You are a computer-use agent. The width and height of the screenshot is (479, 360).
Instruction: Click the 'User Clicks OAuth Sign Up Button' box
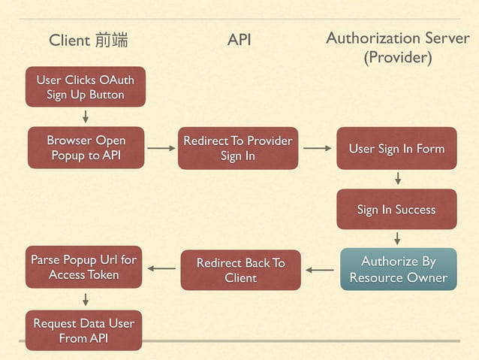[85, 87]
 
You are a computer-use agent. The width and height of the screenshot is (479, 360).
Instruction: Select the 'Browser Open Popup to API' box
[86, 148]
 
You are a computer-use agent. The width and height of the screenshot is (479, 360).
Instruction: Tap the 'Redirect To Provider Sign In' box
[238, 148]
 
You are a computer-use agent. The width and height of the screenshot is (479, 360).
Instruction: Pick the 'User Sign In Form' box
[396, 149]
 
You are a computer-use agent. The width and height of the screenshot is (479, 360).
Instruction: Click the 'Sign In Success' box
[396, 209]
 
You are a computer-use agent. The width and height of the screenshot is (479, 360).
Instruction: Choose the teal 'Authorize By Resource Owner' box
[398, 269]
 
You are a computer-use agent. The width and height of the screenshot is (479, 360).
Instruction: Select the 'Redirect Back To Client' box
[240, 270]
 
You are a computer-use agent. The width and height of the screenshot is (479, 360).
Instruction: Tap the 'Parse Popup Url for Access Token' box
[83, 267]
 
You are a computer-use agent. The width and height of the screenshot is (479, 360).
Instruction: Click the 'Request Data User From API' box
[83, 331]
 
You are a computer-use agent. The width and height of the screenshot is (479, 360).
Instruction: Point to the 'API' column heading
[239, 39]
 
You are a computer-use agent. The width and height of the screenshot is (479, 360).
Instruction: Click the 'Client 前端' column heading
[88, 40]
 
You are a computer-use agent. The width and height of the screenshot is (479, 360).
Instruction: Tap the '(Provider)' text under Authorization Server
[397, 58]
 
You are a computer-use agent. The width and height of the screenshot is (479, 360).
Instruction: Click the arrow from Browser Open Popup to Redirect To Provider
[161, 149]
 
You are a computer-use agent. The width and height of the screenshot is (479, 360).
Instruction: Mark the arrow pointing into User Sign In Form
[317, 149]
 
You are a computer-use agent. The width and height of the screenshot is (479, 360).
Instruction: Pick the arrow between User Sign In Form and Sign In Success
[397, 178]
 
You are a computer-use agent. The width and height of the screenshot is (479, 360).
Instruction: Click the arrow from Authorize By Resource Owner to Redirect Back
[320, 269]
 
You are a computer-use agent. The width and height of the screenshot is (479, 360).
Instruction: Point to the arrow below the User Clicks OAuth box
[86, 116]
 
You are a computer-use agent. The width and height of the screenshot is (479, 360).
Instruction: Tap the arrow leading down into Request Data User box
[86, 299]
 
